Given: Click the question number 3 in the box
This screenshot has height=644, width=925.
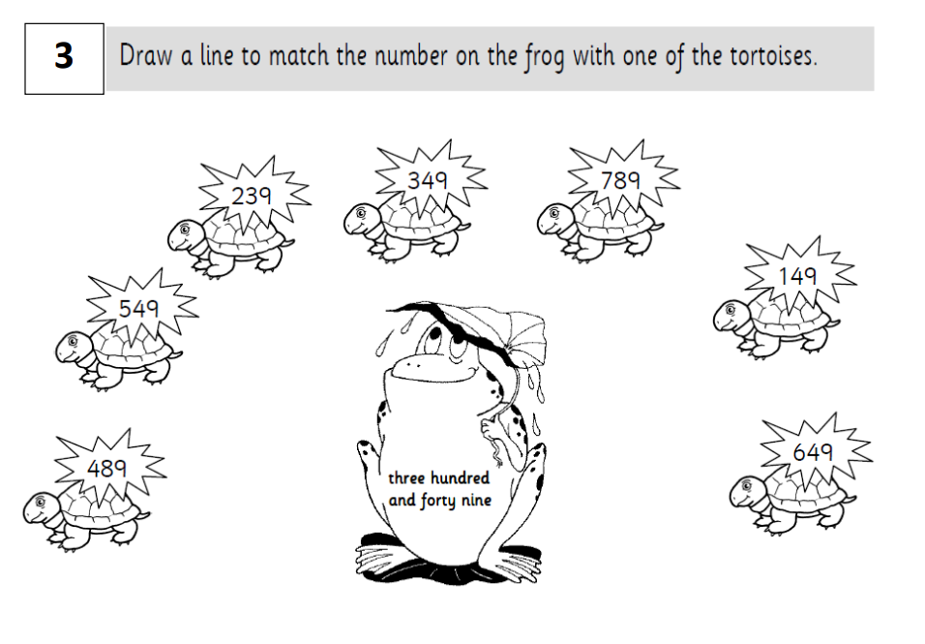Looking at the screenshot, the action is [x=64, y=57].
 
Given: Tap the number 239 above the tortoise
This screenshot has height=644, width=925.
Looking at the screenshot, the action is [x=251, y=196].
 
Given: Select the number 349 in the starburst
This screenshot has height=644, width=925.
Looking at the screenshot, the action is [x=427, y=180].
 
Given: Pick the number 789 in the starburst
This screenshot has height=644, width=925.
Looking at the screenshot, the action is [x=620, y=180].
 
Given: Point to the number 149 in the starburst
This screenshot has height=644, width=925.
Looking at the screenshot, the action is [x=797, y=276].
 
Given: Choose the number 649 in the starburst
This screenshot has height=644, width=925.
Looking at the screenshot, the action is [x=813, y=452].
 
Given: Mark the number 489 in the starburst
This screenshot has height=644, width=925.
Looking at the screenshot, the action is [x=106, y=469].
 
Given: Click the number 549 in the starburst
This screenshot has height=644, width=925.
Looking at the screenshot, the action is [x=138, y=308].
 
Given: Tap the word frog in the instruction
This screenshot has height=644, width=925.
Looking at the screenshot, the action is [x=545, y=58].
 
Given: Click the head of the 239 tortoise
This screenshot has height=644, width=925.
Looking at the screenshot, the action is [x=184, y=234].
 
